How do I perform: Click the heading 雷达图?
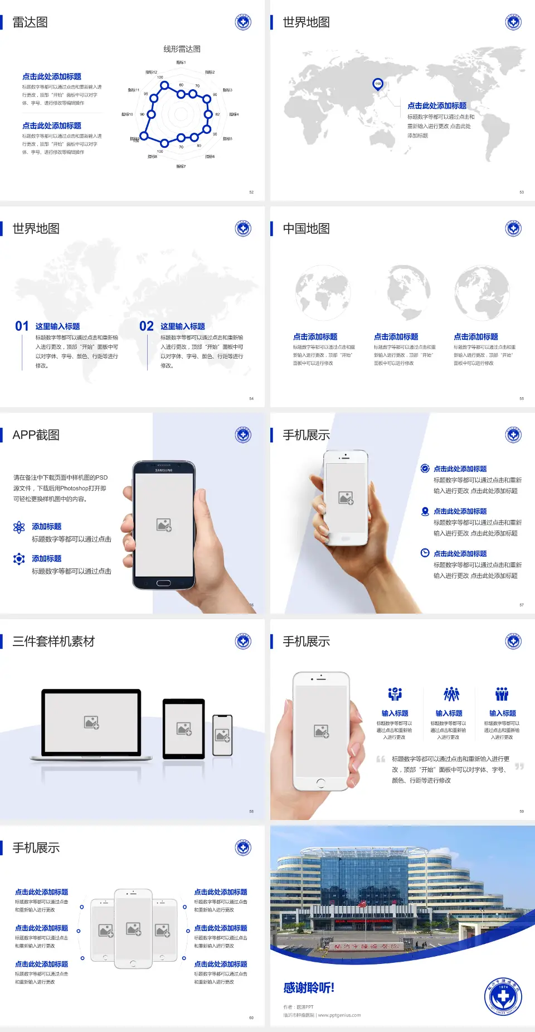(30, 22)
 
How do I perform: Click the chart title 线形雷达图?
(182, 49)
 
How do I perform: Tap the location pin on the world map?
(378, 84)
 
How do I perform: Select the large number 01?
(22, 326)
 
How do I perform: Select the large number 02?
(147, 326)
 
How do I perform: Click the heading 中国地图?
(306, 229)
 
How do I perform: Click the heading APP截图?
(36, 435)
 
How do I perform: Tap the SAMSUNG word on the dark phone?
(164, 470)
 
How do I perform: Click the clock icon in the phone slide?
(425, 553)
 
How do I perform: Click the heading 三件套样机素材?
(53, 642)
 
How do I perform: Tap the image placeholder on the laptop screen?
(91, 722)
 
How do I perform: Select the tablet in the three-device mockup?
(184, 728)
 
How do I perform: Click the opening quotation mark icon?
(381, 759)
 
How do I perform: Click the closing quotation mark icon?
(519, 766)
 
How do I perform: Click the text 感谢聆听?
(309, 988)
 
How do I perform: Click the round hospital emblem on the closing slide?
(503, 996)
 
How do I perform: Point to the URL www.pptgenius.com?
(339, 1015)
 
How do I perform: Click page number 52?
(251, 192)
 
